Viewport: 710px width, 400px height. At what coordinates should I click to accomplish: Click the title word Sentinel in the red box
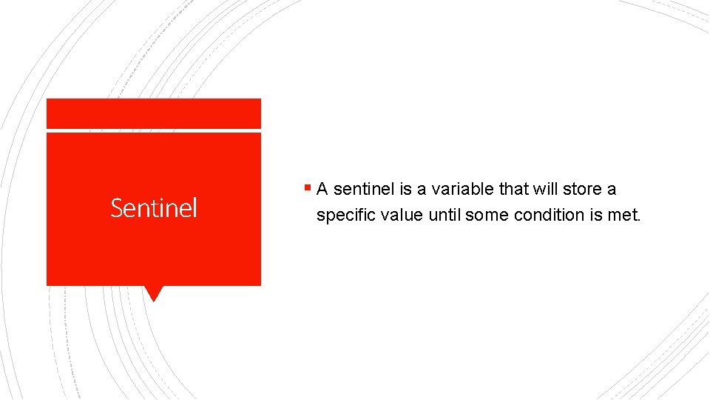(x=154, y=208)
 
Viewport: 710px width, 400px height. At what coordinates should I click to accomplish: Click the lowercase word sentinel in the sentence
(x=362, y=190)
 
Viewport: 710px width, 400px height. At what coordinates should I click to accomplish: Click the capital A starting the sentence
(x=322, y=190)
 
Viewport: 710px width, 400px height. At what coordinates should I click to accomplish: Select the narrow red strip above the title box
(x=153, y=113)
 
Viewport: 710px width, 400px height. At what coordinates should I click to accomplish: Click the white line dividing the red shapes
(x=153, y=131)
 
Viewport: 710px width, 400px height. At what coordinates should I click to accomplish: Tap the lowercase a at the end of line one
(x=612, y=190)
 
